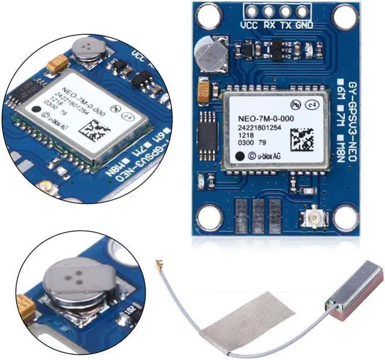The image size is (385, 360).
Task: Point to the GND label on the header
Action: tap(304, 26)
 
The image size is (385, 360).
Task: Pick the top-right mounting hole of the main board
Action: tap(345, 16)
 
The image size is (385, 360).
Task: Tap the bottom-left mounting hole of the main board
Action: tap(209, 216)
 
